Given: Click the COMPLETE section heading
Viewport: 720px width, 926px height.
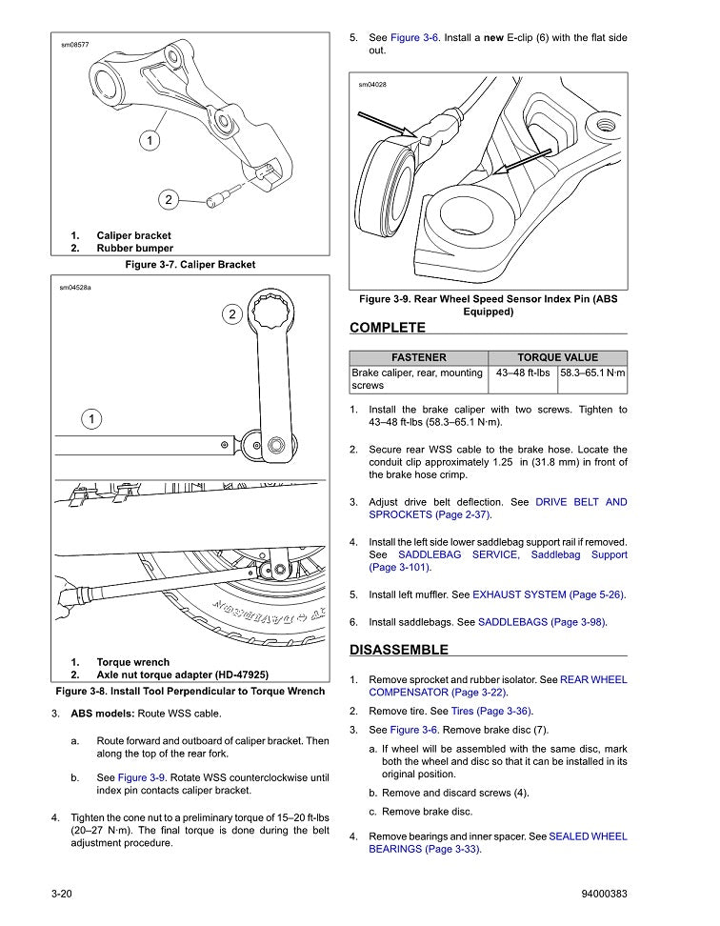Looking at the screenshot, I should pyautogui.click(x=388, y=328).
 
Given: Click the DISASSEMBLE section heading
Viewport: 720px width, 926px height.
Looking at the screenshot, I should pyautogui.click(x=398, y=650).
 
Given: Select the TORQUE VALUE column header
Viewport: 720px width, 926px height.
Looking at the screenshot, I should pyautogui.click(x=557, y=357).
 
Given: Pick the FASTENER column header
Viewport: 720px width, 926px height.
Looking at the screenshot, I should pyautogui.click(x=419, y=357).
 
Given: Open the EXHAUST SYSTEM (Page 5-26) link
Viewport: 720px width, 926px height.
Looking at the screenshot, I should pyautogui.click(x=549, y=594).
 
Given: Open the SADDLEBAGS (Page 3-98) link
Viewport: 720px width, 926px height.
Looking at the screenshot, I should pyautogui.click(x=542, y=622).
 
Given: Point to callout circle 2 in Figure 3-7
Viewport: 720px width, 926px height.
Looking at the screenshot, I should pyautogui.click(x=167, y=199).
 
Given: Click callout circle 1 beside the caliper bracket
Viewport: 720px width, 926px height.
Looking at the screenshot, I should pyautogui.click(x=150, y=141).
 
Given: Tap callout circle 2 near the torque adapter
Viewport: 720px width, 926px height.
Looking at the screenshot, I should pyautogui.click(x=231, y=313).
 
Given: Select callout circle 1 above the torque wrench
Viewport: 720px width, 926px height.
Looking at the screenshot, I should pyautogui.click(x=90, y=418).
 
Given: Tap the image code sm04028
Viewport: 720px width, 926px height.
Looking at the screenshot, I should pyautogui.click(x=372, y=85).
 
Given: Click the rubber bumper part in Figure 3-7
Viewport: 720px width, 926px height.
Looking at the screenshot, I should pyautogui.click(x=217, y=201).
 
